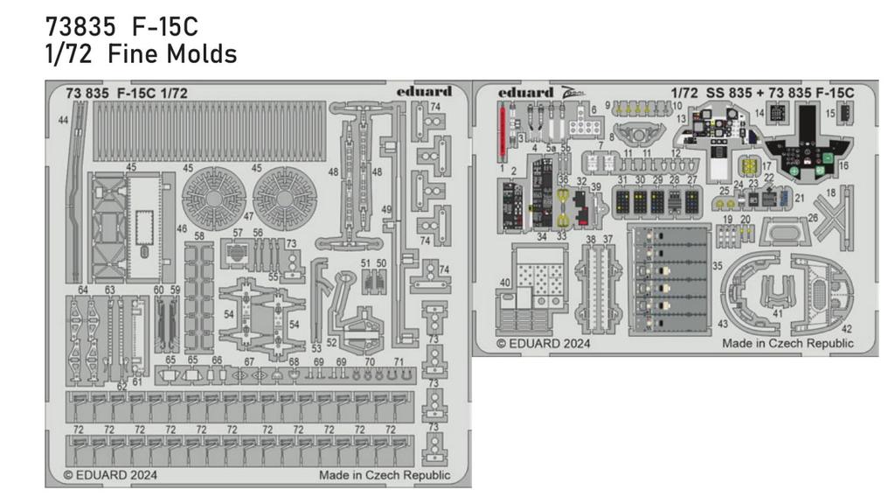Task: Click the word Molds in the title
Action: point(203,54)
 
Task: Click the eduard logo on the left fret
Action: point(424,91)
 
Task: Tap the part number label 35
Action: point(717,264)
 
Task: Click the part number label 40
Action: point(505,282)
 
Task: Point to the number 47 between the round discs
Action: point(248,215)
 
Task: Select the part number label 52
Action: point(331,342)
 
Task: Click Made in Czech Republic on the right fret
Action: point(787,344)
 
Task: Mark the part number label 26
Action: point(813,218)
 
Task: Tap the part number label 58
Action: point(199,236)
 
